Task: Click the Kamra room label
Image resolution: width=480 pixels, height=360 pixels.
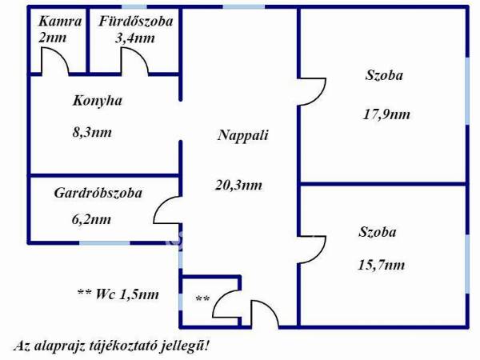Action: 60,22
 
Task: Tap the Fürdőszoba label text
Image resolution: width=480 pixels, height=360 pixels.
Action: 136,22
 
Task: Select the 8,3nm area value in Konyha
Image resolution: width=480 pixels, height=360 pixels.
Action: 92,132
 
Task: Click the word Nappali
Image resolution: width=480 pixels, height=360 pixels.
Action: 242,135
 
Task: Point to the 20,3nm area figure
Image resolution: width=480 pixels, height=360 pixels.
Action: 238,185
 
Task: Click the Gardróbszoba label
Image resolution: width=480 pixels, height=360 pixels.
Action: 98,193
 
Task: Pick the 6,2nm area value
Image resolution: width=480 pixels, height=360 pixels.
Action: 91,219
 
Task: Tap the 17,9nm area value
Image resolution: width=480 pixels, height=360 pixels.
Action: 386,114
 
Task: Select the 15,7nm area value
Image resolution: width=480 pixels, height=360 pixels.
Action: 381,265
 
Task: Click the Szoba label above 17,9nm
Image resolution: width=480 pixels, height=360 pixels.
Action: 384,75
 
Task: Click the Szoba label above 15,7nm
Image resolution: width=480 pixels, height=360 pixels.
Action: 377,232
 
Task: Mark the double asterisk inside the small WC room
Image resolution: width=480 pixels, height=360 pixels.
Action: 202,298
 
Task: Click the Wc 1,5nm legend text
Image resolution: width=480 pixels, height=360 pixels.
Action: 118,294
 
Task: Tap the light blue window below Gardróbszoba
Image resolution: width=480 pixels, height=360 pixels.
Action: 105,243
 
